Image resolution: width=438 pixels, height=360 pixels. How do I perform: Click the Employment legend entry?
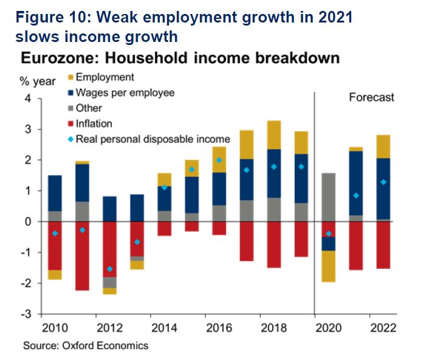coord(104,77)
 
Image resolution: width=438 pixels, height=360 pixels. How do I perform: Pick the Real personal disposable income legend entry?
coord(152,139)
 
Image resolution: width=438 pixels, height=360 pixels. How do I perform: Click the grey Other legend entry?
coord(89,108)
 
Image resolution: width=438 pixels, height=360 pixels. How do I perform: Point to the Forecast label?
coord(371,97)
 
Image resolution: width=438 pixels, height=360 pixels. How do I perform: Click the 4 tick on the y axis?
coord(27,99)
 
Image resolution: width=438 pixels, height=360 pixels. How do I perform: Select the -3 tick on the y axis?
coord(26,314)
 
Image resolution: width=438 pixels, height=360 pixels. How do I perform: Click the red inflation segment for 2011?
coord(82,255)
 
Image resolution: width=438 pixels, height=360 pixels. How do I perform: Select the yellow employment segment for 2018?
coord(273,134)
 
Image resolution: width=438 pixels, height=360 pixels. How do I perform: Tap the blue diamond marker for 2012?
coord(109,269)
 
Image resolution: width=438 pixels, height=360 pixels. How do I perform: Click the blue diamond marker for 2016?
coord(219,161)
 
